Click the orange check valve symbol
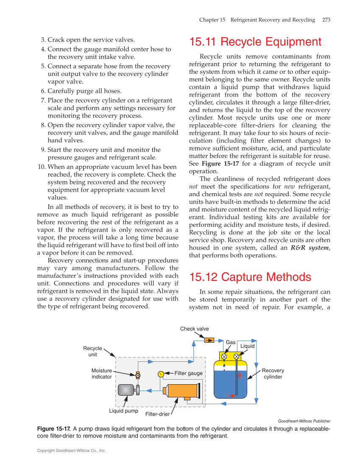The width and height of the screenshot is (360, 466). tap(209, 340)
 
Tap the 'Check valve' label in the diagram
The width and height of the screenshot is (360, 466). tap(194, 329)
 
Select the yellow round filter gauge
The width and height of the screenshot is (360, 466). tap(161, 374)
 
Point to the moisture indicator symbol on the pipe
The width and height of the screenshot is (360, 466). tap(138, 375)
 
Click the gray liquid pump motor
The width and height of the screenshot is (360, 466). tap(126, 390)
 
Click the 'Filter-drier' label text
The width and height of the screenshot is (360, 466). tap(157, 414)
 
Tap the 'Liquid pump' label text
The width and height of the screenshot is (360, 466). tap(123, 411)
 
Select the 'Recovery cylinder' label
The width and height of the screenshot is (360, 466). tap(273, 374)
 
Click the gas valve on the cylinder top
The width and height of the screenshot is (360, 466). tap(224, 356)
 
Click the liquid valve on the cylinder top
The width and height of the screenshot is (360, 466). tap(236, 356)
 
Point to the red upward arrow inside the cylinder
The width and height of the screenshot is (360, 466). tap(239, 376)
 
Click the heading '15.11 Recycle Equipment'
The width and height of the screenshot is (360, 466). tap(255, 42)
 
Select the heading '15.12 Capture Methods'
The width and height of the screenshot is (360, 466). tap(250, 277)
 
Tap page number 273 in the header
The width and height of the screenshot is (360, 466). tap(326, 20)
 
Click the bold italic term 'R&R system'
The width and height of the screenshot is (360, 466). tap(310, 248)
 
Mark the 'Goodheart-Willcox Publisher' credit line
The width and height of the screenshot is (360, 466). tap(304, 421)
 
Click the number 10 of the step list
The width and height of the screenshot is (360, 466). tap(42, 167)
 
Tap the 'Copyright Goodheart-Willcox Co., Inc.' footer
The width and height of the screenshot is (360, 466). tap(71, 451)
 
